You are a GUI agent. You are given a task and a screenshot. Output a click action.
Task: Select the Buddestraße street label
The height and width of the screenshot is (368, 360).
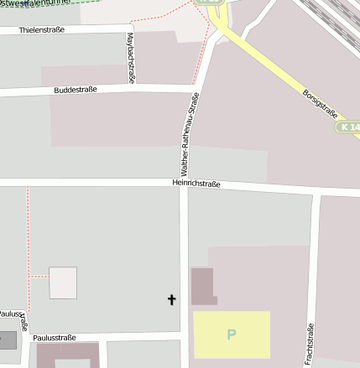[x=76, y=89]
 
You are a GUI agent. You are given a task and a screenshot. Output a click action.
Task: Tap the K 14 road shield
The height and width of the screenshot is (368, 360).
[x=349, y=127]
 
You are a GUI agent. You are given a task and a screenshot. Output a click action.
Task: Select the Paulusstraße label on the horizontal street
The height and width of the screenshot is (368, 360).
[x=54, y=337]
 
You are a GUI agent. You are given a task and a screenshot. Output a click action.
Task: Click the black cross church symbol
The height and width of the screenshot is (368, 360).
[x=173, y=298]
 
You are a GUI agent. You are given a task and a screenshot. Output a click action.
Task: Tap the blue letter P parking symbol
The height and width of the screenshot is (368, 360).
[x=232, y=334]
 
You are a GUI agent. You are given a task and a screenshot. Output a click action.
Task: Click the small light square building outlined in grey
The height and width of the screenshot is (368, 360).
[x=63, y=282]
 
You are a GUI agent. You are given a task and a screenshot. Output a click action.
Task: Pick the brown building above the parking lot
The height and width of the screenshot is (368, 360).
[x=203, y=286]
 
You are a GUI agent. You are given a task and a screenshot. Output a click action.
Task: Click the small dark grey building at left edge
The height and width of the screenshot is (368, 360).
[x=7, y=340]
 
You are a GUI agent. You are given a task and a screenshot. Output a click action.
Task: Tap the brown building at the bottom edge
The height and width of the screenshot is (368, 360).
[x=67, y=355]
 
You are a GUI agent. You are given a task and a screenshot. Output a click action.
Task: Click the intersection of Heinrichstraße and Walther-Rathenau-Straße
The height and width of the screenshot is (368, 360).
[x=185, y=183]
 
